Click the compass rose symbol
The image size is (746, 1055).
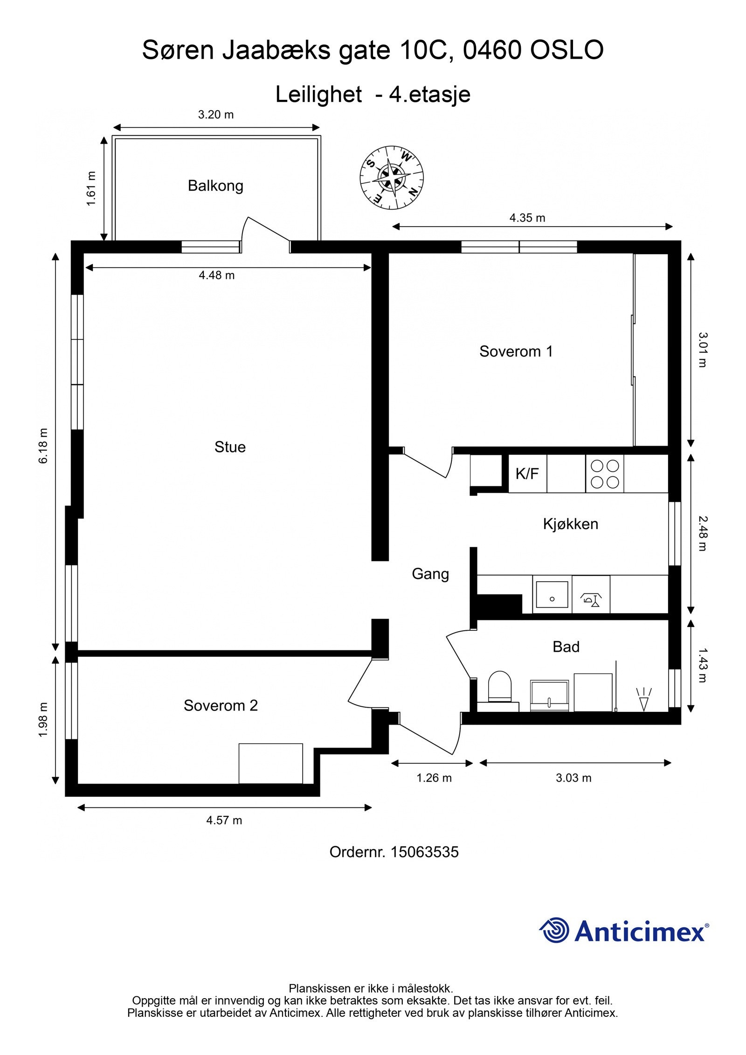coord(391,177)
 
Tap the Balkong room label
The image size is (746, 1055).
coord(215,186)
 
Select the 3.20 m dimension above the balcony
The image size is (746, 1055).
coord(216,114)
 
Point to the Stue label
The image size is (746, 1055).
coord(230,447)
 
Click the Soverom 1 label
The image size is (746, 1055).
coord(516,351)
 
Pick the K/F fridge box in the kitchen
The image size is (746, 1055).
coord(527,474)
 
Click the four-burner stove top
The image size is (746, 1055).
coord(605,474)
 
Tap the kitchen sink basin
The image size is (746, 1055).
coord(552,594)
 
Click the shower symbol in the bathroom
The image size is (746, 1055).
coord(644,699)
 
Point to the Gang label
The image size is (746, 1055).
coord(430,573)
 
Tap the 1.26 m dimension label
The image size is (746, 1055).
coord(434,778)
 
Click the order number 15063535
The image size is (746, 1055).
coord(425,852)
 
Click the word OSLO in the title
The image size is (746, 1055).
coord(567,50)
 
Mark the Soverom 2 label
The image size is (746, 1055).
coord(221,705)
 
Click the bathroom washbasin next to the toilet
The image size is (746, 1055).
coord(550,696)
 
